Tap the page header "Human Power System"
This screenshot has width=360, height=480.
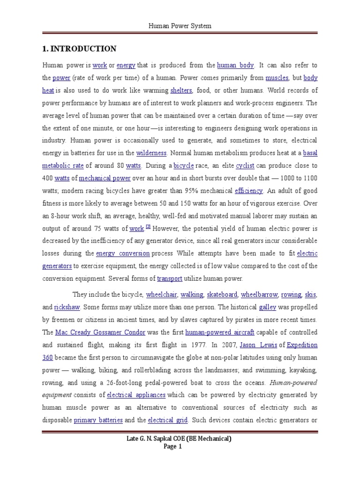pos(180,26)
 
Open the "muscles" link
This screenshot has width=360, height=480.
pos(277,78)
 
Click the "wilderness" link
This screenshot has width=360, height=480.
pos(151,153)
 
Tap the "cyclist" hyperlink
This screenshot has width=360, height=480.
pos(245,165)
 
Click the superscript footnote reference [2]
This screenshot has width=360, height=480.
pos(148,227)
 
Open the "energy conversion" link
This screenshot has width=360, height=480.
pos(123,254)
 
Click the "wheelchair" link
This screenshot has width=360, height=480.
pos(161,295)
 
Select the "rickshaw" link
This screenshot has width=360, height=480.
pos(67,307)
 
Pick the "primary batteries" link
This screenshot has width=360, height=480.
pos(98,420)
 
